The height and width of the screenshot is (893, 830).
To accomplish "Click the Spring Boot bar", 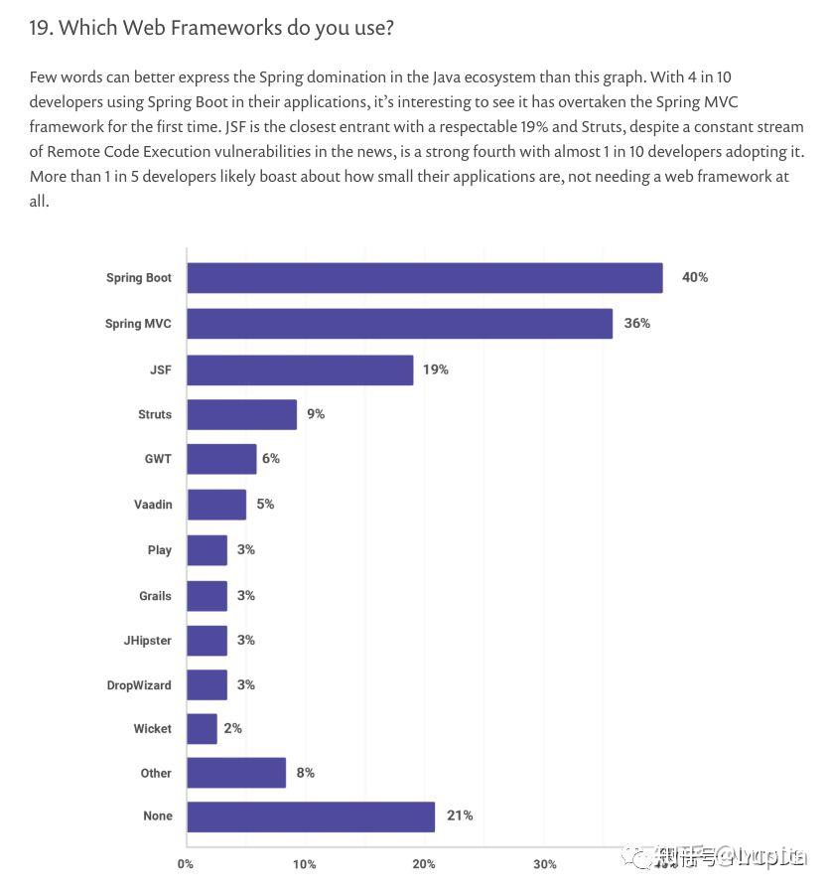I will (424, 278).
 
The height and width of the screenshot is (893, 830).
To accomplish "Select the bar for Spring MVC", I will (399, 324).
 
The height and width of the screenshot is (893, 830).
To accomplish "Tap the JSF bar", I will (300, 370).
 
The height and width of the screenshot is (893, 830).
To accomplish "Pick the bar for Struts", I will (241, 414).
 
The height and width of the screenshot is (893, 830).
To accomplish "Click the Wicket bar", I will (202, 729).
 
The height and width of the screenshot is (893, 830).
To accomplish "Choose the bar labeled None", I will (311, 817).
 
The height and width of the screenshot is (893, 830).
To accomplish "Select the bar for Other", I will (236, 773).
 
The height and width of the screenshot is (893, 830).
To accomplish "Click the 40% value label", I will (695, 277).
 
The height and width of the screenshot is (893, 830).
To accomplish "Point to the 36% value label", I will (637, 323).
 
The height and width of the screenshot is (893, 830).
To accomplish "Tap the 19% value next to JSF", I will (436, 370).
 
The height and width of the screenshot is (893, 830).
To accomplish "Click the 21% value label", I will (460, 816).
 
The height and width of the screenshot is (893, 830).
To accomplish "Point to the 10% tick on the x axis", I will (305, 864).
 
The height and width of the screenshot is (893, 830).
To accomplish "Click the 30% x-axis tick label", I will (544, 864).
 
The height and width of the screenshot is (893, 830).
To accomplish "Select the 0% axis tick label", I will (186, 864).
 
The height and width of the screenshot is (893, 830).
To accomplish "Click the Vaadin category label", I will (153, 505).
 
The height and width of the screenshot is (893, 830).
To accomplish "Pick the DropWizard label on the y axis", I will (139, 685).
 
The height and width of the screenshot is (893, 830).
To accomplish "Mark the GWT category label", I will (158, 460).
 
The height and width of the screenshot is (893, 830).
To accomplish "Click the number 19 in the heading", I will (40, 28).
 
